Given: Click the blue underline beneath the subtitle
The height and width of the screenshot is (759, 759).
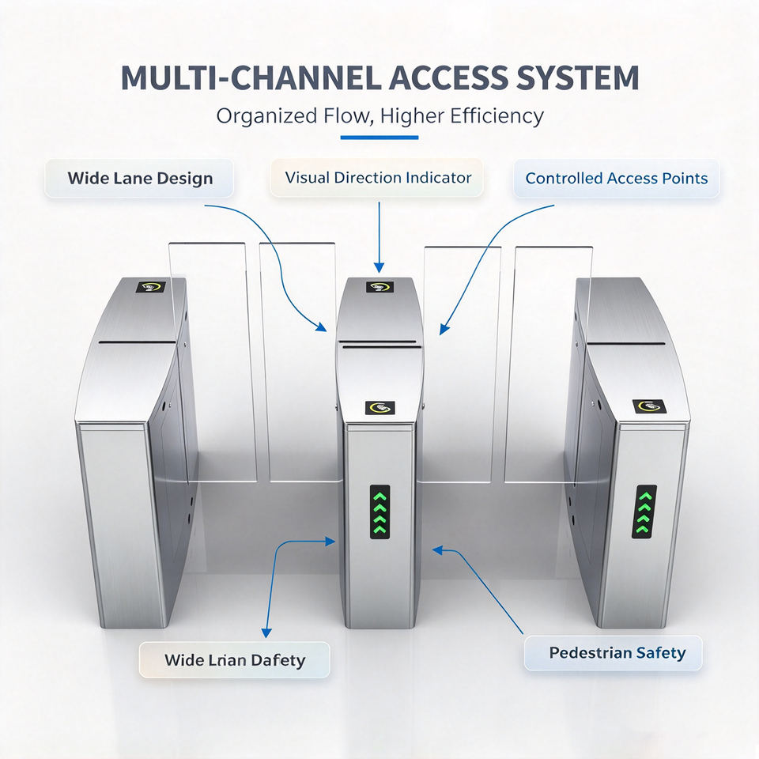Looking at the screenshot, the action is click(x=379, y=138).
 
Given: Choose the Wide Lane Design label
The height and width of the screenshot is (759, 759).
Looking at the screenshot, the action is click(x=139, y=178).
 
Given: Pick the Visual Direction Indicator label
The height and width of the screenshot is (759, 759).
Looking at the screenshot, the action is click(x=377, y=178).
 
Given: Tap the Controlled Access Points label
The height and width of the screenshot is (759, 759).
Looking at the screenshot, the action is click(x=616, y=178).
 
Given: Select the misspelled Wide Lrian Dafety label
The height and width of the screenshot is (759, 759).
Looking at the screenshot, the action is click(x=234, y=659).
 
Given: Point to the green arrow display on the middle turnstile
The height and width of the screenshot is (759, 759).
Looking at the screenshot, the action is click(x=380, y=512).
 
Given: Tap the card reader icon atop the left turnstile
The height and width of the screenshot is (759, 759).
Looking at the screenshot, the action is click(x=151, y=287).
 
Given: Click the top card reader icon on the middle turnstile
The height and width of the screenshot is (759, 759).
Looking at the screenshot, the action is click(x=379, y=287).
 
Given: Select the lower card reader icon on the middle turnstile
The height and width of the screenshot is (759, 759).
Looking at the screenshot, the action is click(x=380, y=408).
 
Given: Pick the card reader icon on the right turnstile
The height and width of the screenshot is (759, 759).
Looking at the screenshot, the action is click(x=649, y=406).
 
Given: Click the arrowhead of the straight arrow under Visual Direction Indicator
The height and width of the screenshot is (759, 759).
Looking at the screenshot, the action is click(x=379, y=268).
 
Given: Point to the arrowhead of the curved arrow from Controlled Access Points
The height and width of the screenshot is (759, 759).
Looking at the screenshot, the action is click(x=444, y=330).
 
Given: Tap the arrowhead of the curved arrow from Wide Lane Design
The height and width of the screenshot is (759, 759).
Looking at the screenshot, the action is click(x=322, y=327).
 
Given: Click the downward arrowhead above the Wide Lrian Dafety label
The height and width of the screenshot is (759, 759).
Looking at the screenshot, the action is click(x=266, y=633).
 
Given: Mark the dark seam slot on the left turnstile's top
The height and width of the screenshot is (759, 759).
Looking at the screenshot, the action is click(x=138, y=342).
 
